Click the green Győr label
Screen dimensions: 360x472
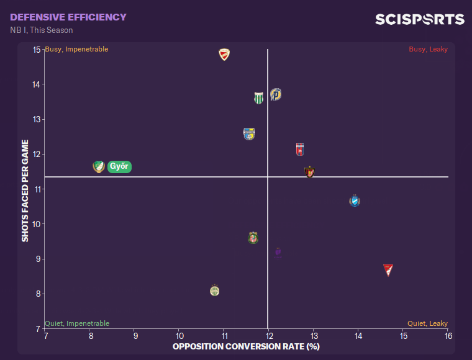[119, 166]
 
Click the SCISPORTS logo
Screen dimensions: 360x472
[419, 20]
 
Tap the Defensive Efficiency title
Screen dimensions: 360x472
[68, 17]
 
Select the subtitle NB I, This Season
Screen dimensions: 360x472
[42, 30]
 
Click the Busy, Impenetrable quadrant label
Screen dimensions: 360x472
[76, 49]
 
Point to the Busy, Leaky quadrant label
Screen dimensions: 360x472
[428, 49]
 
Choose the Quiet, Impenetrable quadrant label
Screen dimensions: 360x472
[77, 323]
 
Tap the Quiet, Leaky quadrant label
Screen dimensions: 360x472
[427, 323]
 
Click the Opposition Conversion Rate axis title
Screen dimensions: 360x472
[246, 346]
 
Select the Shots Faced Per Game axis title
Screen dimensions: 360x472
[25, 190]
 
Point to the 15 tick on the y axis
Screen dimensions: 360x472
[37, 50]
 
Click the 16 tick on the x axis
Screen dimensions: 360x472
[448, 336]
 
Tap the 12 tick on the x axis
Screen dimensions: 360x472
[268, 336]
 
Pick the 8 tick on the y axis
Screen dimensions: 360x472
[39, 294]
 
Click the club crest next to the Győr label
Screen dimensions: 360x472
[98, 166]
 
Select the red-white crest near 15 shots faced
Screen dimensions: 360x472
[224, 55]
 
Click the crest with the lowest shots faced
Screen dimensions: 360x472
[214, 290]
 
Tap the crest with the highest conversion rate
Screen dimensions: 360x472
[388, 270]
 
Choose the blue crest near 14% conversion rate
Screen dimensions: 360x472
[355, 201]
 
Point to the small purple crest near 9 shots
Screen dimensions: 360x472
[278, 252]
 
